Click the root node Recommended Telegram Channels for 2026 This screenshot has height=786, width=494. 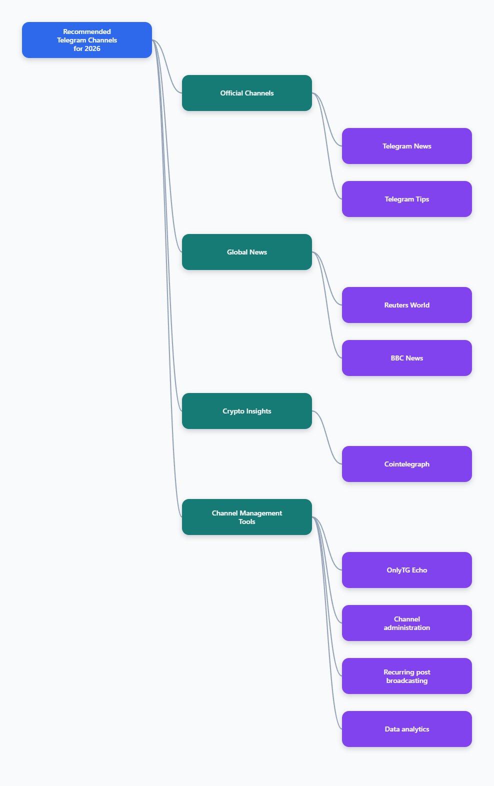click(87, 40)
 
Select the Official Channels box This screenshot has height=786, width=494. click(247, 93)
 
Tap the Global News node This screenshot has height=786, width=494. click(247, 252)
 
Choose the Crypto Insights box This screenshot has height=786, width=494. click(247, 411)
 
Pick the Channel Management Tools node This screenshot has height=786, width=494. click(247, 517)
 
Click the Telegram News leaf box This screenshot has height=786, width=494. click(407, 146)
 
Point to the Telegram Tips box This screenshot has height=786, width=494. click(407, 199)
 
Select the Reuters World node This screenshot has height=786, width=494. click(407, 305)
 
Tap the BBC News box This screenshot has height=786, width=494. click(407, 358)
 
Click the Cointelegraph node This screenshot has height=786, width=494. click(407, 464)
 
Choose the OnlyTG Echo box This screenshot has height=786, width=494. click(407, 570)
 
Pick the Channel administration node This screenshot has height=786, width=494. click(407, 623)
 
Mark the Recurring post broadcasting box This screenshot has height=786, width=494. click(407, 676)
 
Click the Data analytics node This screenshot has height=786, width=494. click(407, 729)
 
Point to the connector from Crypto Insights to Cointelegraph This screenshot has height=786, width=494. click(327, 437)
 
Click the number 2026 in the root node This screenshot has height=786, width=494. click(92, 49)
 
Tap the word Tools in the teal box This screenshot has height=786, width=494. click(247, 522)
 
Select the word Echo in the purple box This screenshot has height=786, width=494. click(419, 570)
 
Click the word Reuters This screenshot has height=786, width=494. click(396, 305)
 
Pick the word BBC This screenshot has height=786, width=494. click(397, 358)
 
